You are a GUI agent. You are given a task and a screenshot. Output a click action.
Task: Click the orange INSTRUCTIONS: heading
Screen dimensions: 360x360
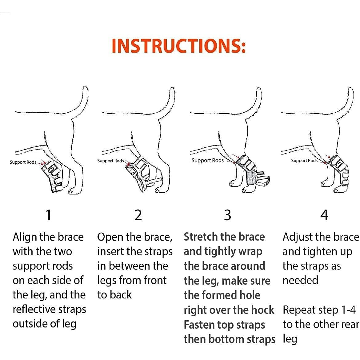pos(179,46)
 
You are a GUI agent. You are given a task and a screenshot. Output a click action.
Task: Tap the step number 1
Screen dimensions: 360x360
pos(48,215)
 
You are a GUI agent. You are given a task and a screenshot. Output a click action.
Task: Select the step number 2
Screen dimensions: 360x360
pos(138,215)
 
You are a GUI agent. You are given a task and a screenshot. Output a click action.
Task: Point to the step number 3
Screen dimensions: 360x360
pos(227,215)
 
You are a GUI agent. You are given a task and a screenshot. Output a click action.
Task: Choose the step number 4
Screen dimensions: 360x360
pos(324,215)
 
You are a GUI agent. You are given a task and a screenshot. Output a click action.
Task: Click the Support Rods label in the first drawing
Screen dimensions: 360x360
pos(23,162)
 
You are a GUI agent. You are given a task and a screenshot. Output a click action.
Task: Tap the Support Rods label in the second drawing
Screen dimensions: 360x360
pos(110,161)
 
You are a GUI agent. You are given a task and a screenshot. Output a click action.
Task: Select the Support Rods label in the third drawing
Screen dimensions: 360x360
pos(207,160)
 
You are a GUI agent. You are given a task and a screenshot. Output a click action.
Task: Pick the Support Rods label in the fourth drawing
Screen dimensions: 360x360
pos(304,161)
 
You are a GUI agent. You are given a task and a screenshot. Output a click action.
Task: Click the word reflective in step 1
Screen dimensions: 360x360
pos(38,310)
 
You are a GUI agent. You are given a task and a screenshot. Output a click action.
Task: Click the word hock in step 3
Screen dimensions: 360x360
pos(262,310)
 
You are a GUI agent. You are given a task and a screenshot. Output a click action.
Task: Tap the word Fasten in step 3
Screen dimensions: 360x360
pos(199,325)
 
